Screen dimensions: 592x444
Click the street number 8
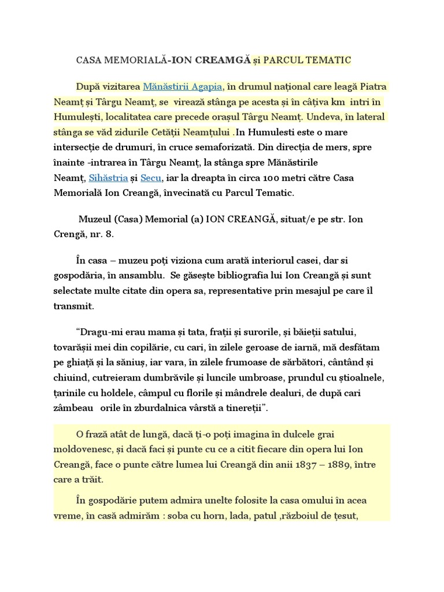(110, 235)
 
